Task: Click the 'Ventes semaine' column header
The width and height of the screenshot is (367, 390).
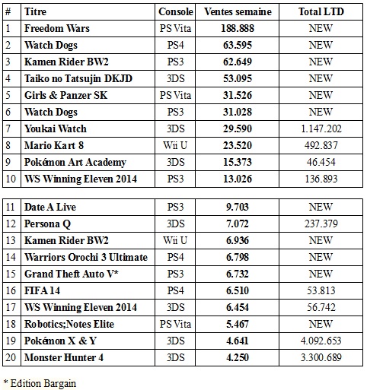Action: tap(238, 11)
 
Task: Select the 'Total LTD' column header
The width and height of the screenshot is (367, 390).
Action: tap(321, 11)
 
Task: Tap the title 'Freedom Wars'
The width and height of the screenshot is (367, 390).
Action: tap(57, 28)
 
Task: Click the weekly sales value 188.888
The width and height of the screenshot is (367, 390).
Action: tap(238, 28)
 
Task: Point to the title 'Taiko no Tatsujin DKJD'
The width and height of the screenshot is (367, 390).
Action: tap(78, 78)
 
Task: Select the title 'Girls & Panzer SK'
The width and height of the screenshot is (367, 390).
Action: tap(65, 95)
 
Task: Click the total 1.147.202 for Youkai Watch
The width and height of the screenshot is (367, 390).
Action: tap(321, 128)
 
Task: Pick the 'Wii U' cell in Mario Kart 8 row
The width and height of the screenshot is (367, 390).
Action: tap(175, 145)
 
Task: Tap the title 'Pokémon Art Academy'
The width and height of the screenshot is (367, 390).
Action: tap(75, 163)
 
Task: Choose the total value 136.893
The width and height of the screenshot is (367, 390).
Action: tap(321, 179)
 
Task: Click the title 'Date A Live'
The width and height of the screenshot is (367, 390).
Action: tap(50, 207)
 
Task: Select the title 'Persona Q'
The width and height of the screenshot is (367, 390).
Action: tap(47, 224)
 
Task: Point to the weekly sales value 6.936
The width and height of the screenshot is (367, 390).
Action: tap(238, 240)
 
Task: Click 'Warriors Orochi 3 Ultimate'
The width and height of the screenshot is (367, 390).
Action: tap(86, 257)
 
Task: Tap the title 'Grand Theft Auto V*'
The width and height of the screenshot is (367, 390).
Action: tap(72, 274)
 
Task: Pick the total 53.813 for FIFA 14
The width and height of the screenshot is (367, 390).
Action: tap(321, 290)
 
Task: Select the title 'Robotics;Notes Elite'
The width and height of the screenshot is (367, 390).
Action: tap(69, 324)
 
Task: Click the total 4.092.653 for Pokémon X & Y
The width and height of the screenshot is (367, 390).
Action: tap(321, 341)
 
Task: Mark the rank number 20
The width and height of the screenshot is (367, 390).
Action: tap(11, 357)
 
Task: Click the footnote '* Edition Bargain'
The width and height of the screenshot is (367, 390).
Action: tap(40, 384)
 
